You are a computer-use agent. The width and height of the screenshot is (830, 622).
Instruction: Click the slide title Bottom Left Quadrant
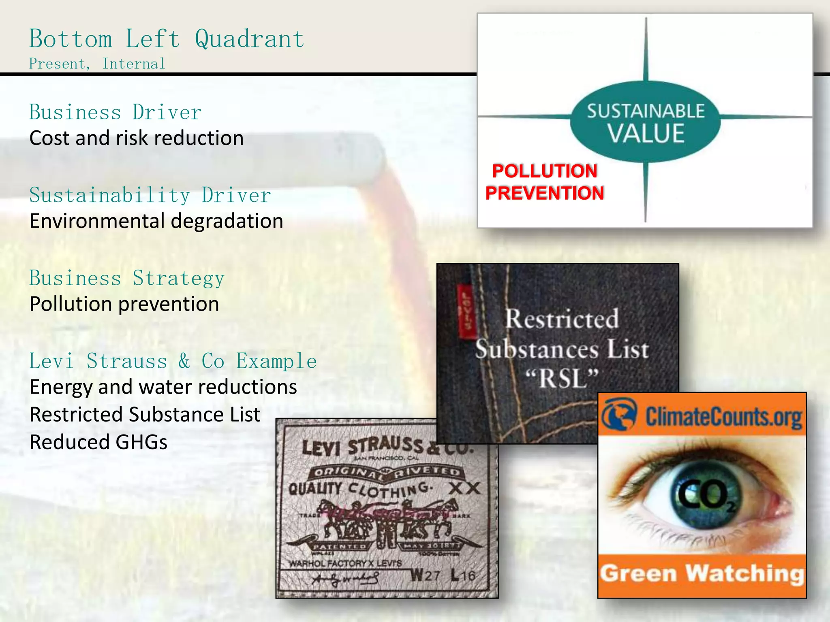[x=167, y=39]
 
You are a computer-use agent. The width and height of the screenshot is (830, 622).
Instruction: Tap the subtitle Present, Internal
[x=97, y=64]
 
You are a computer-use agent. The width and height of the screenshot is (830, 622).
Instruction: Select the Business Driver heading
[x=116, y=112]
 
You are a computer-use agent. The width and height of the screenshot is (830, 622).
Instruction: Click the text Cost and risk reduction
[x=137, y=138]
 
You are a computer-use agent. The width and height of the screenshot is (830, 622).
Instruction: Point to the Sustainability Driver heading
[x=150, y=195]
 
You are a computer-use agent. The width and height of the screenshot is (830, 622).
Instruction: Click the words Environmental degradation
[x=156, y=221]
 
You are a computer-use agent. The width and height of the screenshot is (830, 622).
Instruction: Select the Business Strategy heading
[x=127, y=278]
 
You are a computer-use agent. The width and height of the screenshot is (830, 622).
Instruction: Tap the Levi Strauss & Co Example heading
[x=173, y=361]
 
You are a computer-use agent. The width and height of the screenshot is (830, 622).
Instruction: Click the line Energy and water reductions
[x=163, y=387]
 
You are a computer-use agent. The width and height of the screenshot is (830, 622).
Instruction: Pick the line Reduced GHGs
[x=98, y=442]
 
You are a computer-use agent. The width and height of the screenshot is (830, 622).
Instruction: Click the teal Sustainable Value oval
[x=645, y=122]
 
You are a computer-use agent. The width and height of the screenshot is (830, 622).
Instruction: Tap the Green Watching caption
[x=702, y=574]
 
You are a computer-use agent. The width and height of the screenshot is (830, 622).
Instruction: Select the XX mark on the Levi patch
[x=464, y=489]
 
